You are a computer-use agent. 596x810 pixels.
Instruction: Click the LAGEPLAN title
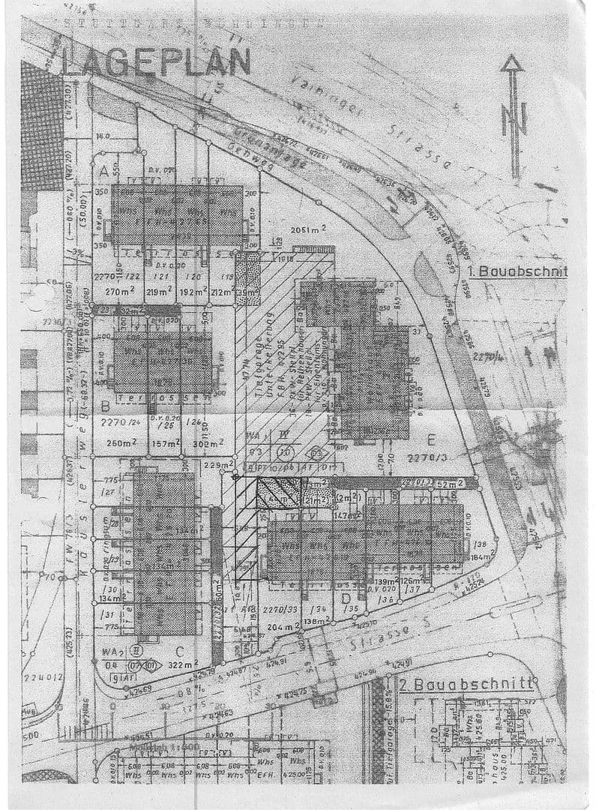(156, 61)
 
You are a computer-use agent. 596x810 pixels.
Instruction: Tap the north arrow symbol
(514, 116)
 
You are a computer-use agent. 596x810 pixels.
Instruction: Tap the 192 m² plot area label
(193, 291)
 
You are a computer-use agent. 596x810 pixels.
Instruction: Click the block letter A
(103, 172)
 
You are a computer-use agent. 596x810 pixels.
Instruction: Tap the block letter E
(430, 439)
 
